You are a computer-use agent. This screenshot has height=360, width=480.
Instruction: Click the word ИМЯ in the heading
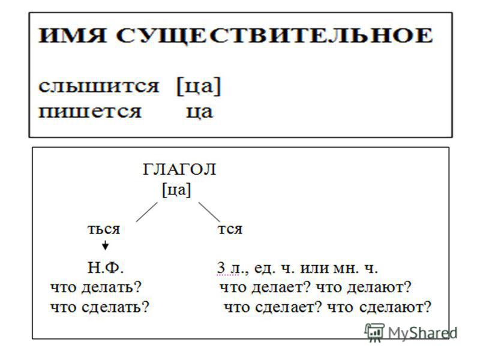coord(72,35)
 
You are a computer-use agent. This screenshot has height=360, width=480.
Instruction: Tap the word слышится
coord(98,86)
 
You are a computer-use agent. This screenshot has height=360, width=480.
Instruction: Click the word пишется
coord(89,112)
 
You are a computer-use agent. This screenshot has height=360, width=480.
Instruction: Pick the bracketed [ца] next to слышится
coord(199,86)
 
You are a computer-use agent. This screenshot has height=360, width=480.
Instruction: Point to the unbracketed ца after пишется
coord(199,112)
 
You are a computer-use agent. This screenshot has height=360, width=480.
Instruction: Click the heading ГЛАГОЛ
coord(179,170)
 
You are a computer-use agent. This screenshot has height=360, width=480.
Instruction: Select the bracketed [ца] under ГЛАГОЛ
coord(176,190)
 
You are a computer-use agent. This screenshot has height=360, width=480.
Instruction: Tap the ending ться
coord(104,229)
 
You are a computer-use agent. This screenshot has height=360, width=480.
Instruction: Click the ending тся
coord(230,229)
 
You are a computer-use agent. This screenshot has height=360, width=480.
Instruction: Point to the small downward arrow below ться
coord(105,245)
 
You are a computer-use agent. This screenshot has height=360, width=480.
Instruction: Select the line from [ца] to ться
coord(146,212)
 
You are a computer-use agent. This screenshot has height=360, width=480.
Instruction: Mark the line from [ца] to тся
coord(209,212)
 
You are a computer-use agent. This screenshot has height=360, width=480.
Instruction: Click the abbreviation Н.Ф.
coord(106,268)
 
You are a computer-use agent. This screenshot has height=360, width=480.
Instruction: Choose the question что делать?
coord(96,287)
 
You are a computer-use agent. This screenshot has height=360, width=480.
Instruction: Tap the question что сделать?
coord(100,307)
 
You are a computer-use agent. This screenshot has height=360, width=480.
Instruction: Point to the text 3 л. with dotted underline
coord(228,268)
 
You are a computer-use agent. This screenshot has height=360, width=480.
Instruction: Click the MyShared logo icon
coord(374,332)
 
